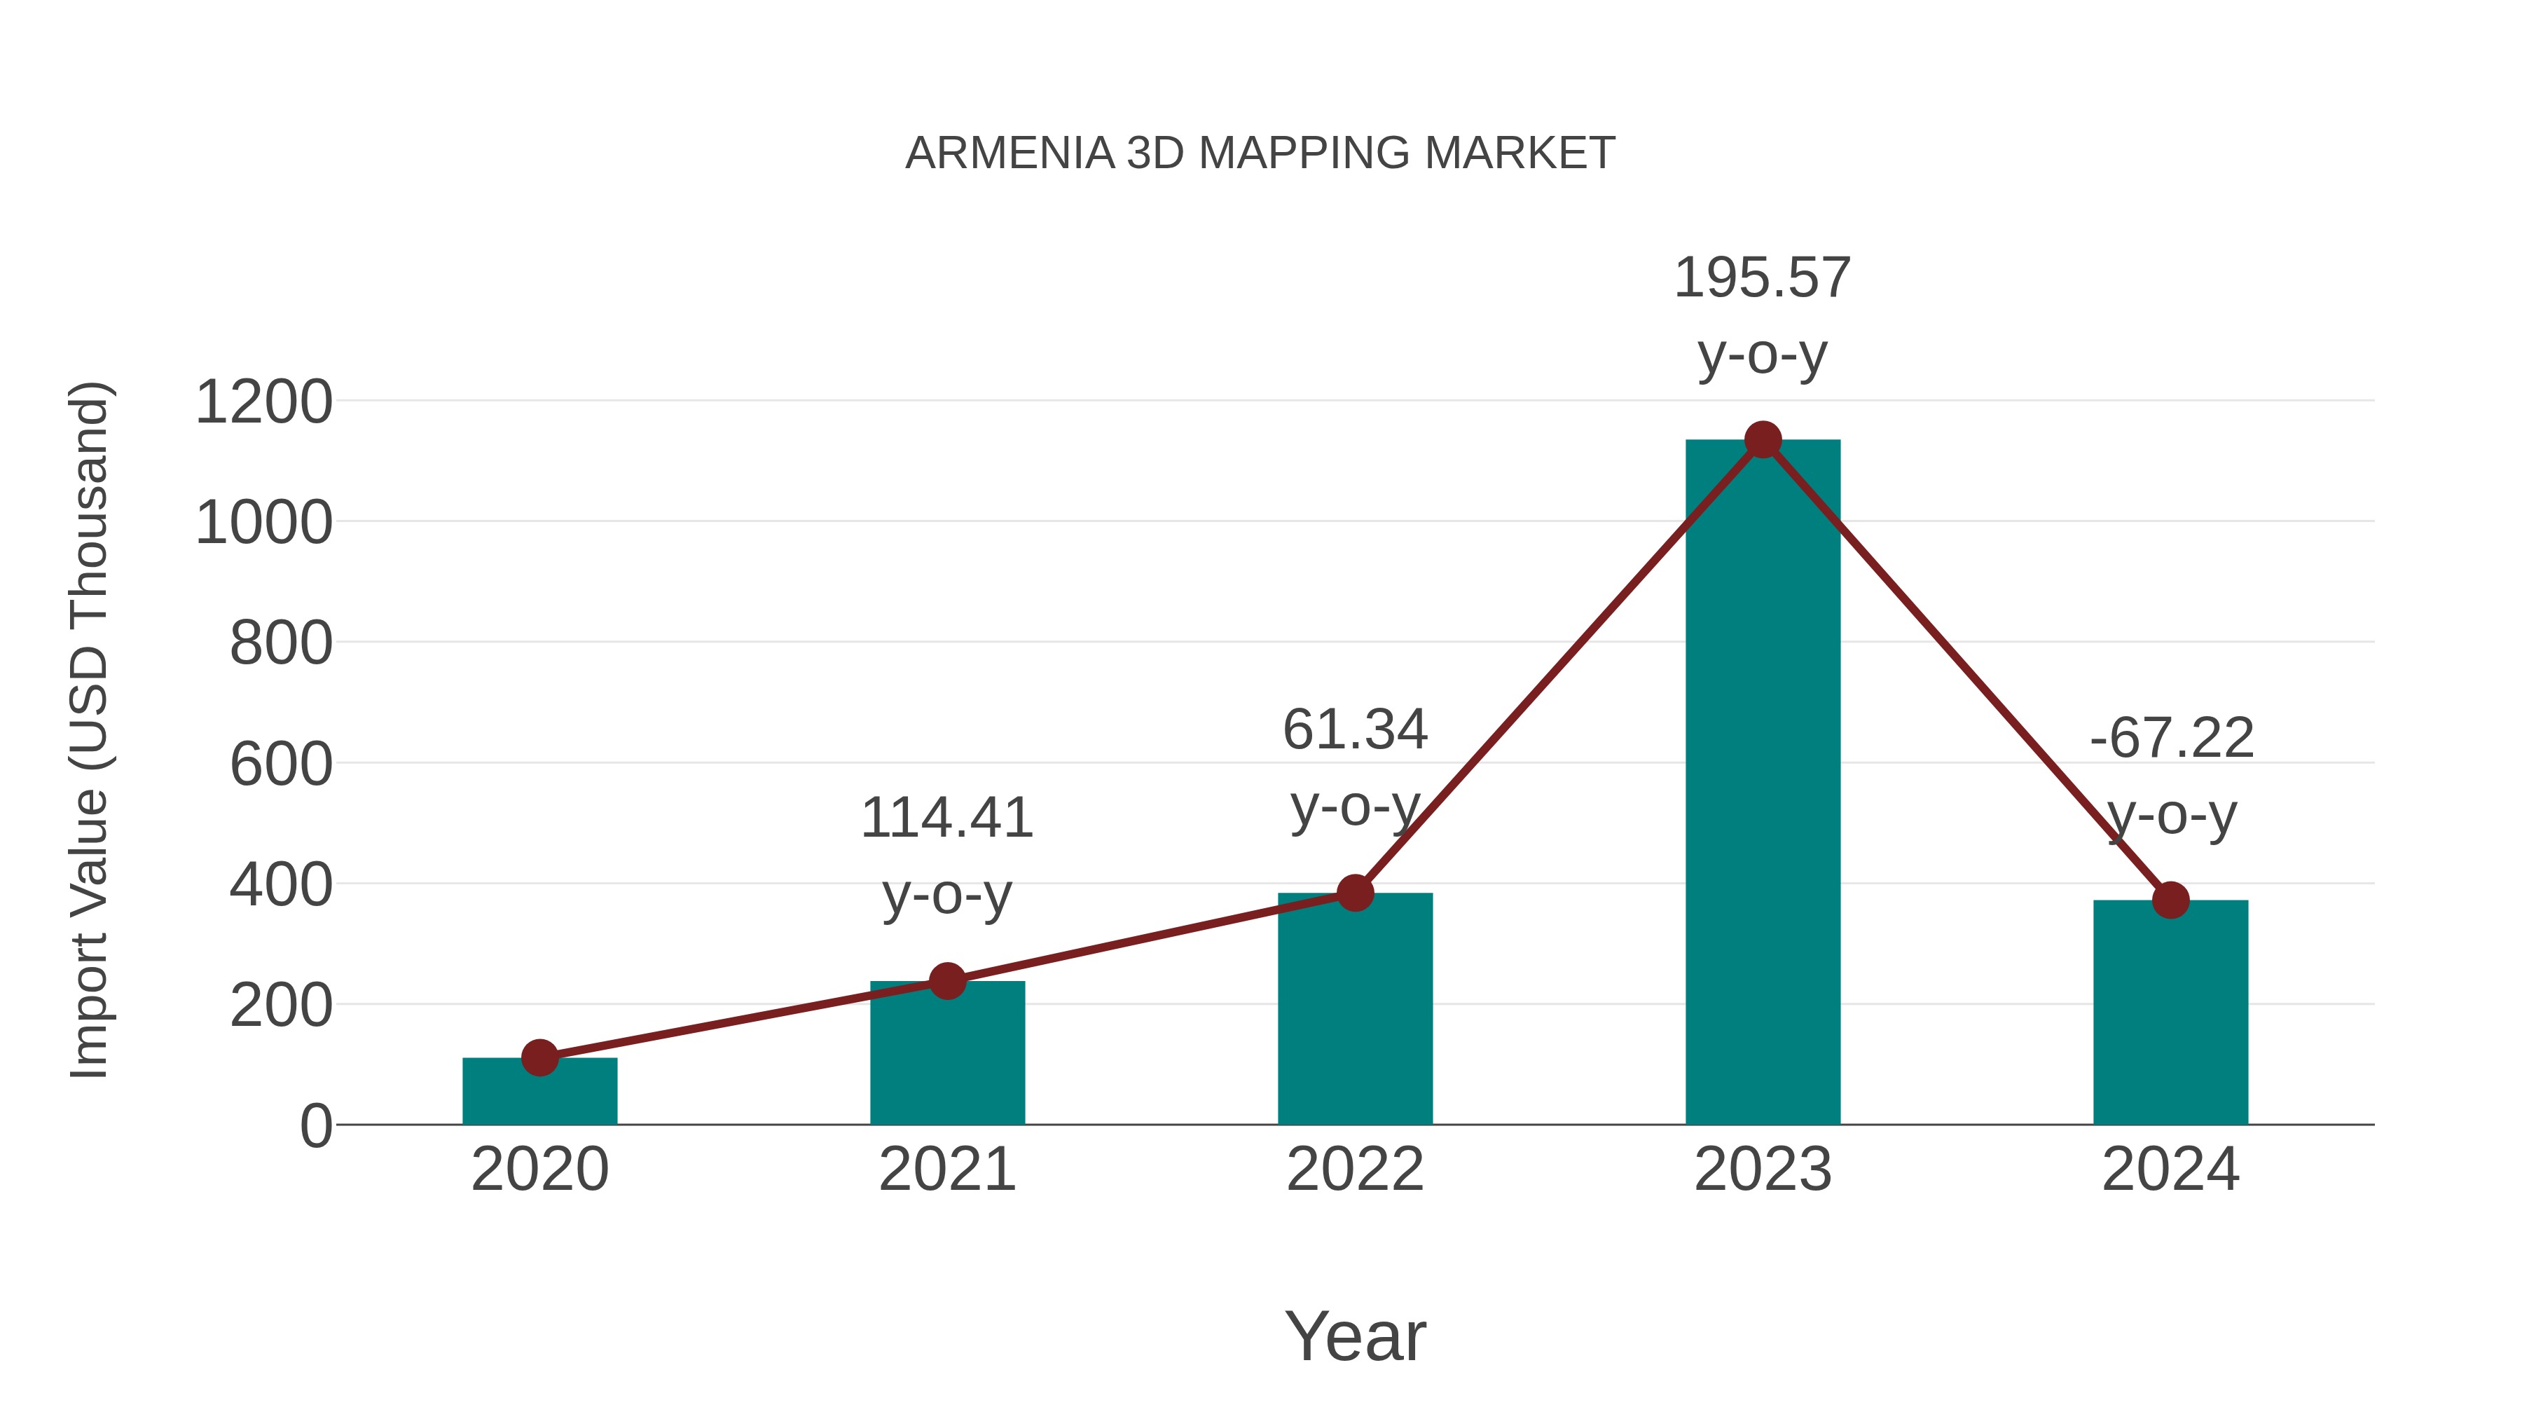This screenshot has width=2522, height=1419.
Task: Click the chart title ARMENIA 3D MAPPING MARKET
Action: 1260,153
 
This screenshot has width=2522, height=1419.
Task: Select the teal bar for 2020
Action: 539,1093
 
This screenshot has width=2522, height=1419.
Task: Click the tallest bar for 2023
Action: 1763,783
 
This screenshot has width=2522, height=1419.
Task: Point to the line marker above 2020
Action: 539,1057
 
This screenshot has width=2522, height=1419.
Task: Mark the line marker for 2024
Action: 2170,900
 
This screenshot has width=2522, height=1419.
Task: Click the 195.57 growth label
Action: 1763,278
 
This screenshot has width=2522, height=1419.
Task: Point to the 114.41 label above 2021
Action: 946,818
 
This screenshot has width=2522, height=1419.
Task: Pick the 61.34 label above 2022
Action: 1355,731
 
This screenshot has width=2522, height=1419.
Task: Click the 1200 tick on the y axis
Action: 263,402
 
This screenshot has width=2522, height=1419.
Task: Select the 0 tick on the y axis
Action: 315,1126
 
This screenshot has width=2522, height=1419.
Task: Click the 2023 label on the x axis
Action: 1763,1170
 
